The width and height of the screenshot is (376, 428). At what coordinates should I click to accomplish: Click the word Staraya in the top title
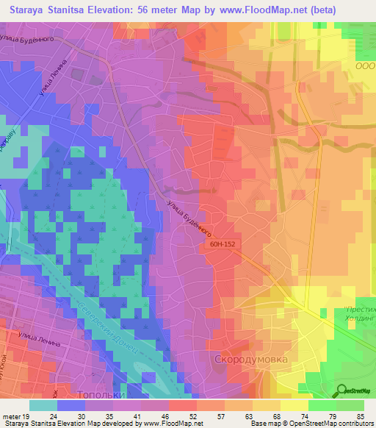(31, 11)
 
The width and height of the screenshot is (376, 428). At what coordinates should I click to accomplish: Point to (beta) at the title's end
(351, 11)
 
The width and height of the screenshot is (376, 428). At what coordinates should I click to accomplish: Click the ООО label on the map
(365, 65)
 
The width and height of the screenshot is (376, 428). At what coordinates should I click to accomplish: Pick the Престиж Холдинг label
(358, 314)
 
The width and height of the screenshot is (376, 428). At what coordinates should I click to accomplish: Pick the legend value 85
(360, 415)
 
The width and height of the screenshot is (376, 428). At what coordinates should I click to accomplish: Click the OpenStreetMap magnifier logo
(341, 390)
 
